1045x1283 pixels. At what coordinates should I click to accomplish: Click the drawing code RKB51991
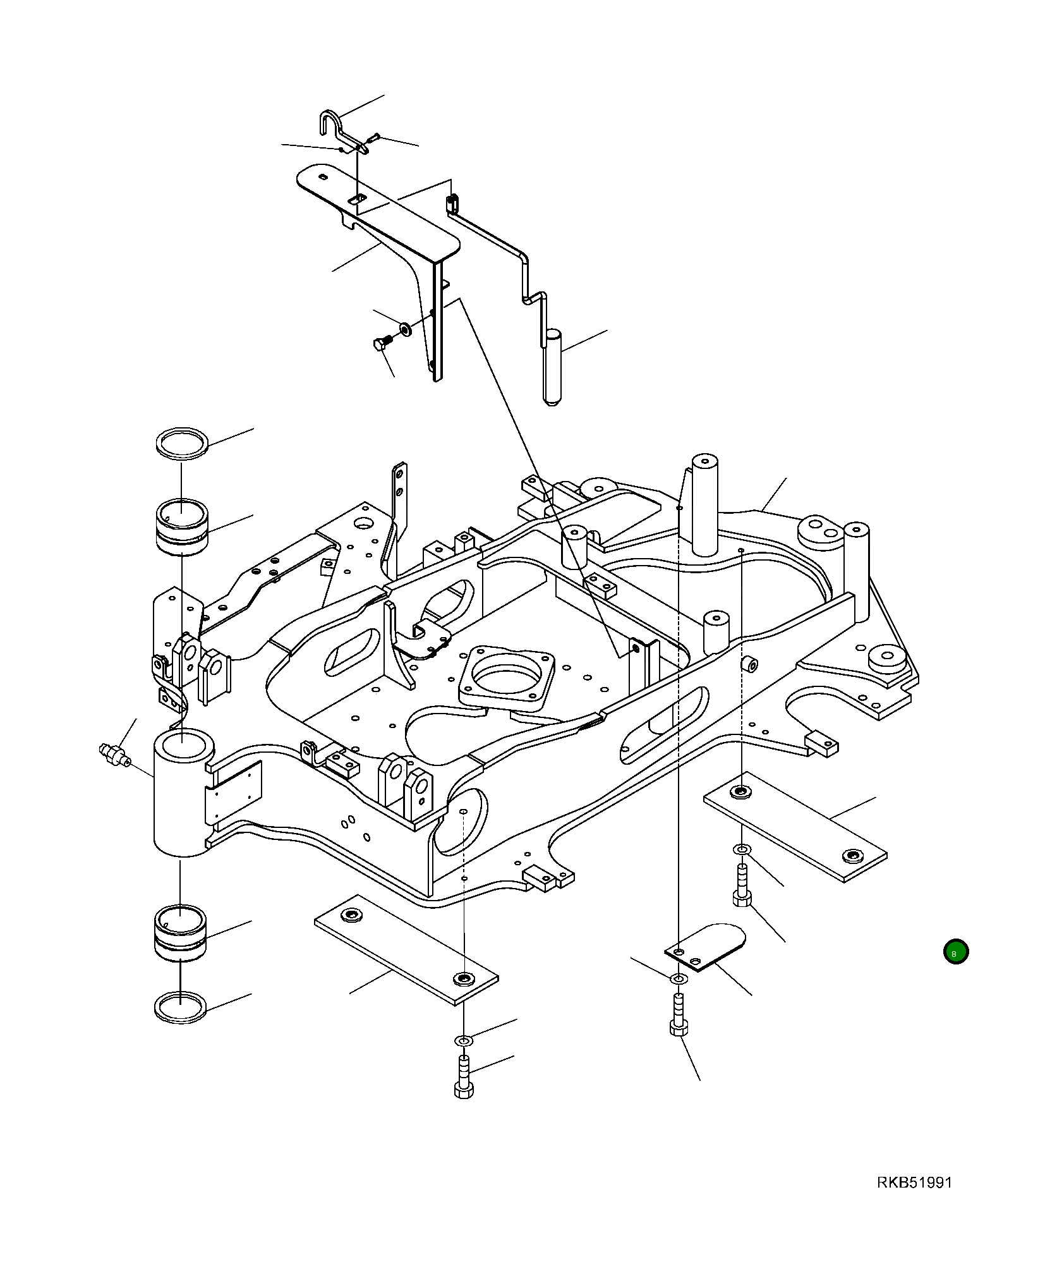[914, 1183]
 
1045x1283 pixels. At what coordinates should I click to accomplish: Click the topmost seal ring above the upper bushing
[182, 441]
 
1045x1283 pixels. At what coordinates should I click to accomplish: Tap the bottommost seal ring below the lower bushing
[181, 1006]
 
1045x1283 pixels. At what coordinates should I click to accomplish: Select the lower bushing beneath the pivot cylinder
[181, 933]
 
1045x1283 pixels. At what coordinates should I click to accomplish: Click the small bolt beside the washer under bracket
[381, 344]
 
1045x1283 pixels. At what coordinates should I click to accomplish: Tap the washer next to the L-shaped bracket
[404, 329]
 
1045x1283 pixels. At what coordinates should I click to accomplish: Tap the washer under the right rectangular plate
[741, 849]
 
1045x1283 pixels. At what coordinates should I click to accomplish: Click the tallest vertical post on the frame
[704, 506]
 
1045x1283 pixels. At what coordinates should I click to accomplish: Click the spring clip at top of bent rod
[452, 204]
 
